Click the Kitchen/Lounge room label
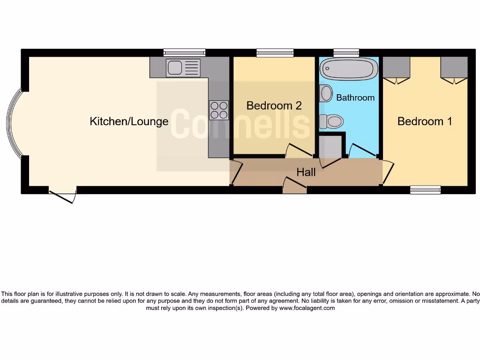[129, 122]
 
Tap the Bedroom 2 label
[274, 106]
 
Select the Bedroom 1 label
[425, 121]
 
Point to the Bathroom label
[355, 97]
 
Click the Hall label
[306, 172]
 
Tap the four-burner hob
[219, 110]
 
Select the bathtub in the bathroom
[349, 69]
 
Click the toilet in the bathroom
[331, 122]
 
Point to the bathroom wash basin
[326, 93]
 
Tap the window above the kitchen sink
[184, 52]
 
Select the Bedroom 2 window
[275, 52]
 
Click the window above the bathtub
[346, 52]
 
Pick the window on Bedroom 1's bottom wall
[425, 190]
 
